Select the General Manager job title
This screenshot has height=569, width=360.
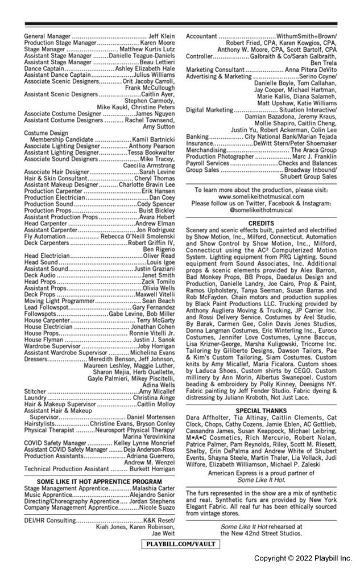(x=47, y=36)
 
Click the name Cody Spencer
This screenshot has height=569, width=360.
(x=156, y=204)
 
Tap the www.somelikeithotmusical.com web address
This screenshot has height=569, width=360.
(x=262, y=196)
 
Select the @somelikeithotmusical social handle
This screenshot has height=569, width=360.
(x=262, y=209)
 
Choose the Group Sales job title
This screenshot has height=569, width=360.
(x=202, y=170)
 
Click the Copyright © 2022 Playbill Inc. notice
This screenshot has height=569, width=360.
(x=303, y=558)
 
